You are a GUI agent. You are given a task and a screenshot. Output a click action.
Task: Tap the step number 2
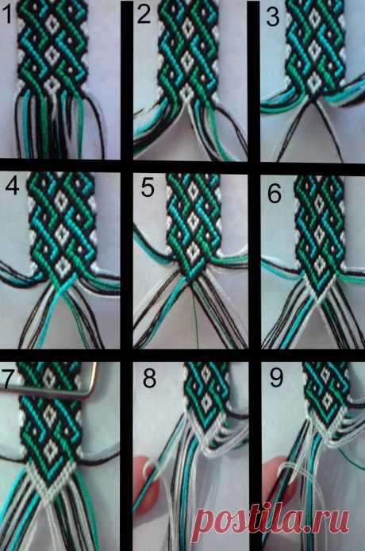(144, 15)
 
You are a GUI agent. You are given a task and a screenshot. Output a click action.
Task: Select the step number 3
(273, 17)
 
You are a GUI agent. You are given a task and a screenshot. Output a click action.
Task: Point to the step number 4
(12, 186)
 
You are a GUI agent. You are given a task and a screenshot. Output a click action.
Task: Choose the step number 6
(275, 193)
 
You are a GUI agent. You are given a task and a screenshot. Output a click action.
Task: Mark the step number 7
(8, 378)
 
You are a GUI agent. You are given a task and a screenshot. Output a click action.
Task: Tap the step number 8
(150, 378)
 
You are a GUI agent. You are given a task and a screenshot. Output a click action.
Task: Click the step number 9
(276, 377)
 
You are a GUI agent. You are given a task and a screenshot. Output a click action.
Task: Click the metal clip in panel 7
(52, 391)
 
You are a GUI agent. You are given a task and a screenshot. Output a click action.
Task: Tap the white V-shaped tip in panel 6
(319, 290)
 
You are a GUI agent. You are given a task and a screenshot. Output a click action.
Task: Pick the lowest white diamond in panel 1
(52, 84)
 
